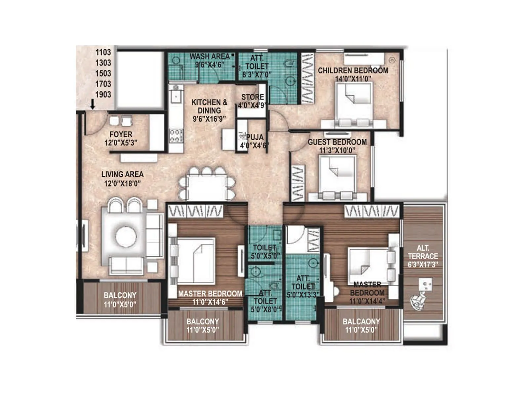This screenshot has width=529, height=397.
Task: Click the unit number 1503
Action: tap(103, 73)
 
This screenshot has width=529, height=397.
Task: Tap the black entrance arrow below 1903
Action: tap(93, 105)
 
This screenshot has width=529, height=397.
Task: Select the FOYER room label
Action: tap(121, 135)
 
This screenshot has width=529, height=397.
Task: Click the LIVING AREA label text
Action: tap(122, 174)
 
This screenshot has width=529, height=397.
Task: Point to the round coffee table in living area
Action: tap(126, 237)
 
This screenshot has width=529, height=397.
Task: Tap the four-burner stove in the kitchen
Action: tap(176, 136)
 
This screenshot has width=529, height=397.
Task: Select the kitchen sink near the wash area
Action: tap(176, 96)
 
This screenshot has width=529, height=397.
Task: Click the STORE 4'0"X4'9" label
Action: tap(252, 101)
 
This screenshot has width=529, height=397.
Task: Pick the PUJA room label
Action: tap(255, 137)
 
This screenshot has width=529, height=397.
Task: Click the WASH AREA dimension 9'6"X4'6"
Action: tap(210, 65)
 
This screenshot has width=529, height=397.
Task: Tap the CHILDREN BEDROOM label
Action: tap(353, 71)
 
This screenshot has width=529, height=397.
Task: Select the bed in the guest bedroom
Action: tap(338, 175)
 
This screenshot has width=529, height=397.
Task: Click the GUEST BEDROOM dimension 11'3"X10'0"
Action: tap(337, 150)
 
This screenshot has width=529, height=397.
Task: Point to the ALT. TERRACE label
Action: tap(423, 252)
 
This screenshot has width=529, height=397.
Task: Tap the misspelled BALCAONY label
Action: tap(361, 322)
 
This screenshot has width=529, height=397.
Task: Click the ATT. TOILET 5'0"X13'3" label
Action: tap(303, 287)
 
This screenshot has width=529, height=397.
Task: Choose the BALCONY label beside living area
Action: tap(120, 295)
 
